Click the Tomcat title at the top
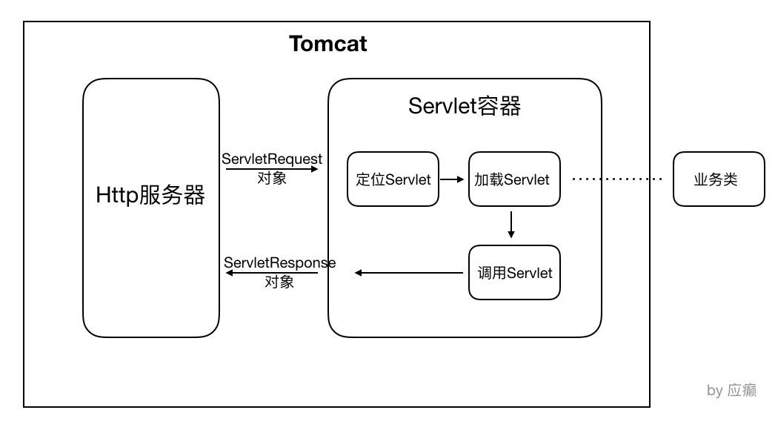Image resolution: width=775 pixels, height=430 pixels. click(328, 44)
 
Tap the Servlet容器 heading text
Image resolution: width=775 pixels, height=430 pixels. click(465, 107)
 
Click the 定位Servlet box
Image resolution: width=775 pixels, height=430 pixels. click(393, 179)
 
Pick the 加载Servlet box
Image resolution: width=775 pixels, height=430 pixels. click(513, 179)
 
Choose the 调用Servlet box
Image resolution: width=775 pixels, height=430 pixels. click(514, 273)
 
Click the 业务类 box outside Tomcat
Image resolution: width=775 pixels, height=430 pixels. click(718, 179)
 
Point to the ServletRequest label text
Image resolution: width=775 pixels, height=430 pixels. click(272, 159)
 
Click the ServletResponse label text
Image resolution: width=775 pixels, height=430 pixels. click(279, 262)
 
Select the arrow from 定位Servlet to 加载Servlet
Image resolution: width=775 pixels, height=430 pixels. click(453, 179)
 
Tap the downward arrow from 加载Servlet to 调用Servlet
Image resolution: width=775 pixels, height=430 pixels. click(511, 225)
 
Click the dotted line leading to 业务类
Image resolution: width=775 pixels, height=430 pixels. click(617, 179)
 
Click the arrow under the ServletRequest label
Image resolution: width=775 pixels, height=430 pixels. click(272, 169)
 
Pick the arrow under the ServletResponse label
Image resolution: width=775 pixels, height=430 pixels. click(272, 273)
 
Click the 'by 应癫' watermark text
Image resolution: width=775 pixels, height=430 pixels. click(731, 391)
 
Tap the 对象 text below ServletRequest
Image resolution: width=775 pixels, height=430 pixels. click(272, 179)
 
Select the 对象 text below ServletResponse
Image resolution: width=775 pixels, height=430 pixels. click(279, 282)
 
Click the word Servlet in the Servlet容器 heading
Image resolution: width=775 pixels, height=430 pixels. click(441, 107)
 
